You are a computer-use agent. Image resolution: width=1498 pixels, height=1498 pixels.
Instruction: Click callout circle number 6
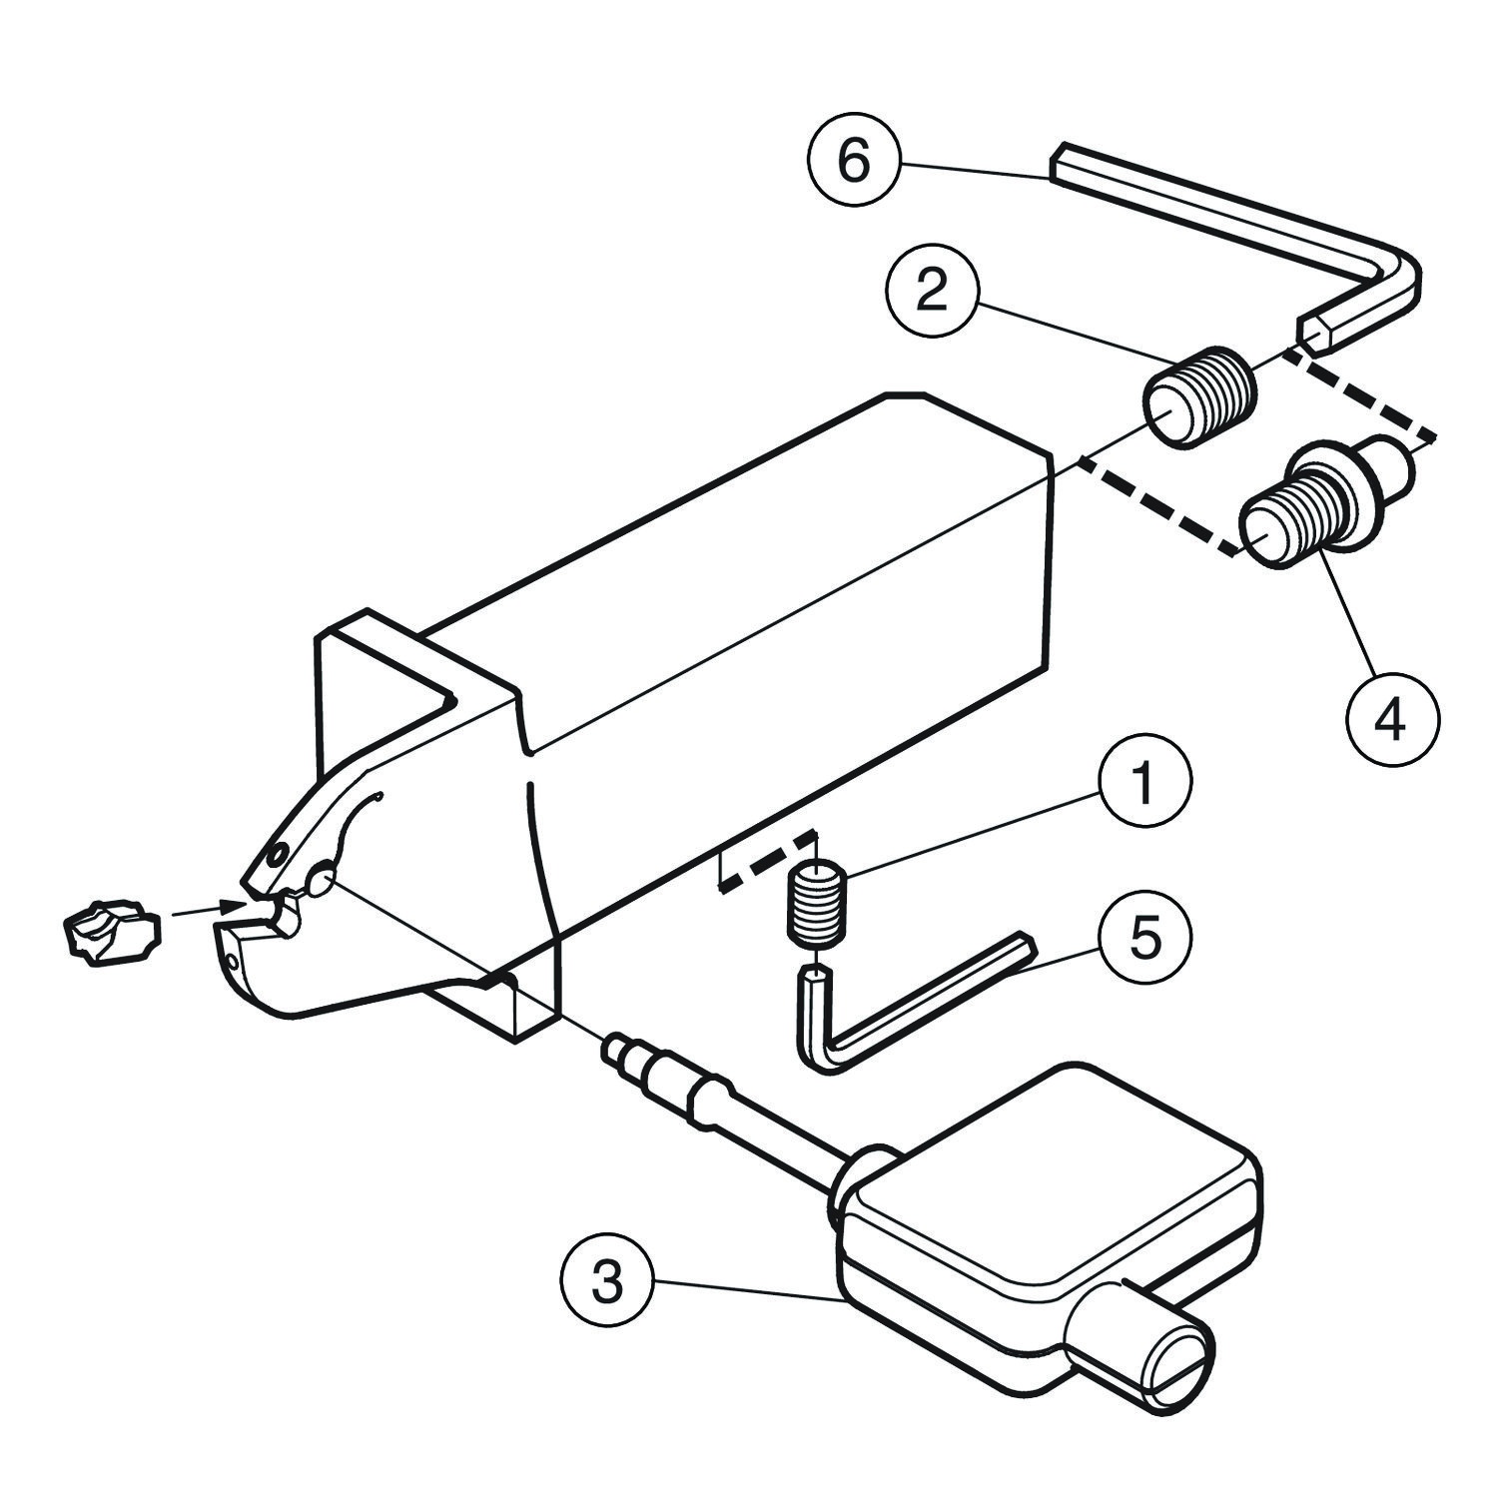(853, 162)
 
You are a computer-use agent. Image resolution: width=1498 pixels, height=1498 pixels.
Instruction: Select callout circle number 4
(1391, 719)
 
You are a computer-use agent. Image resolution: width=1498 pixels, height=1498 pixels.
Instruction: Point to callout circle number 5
(1144, 939)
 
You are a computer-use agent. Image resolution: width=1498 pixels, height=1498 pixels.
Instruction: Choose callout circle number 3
(607, 1282)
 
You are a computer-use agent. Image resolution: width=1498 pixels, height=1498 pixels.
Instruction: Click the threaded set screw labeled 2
(1199, 396)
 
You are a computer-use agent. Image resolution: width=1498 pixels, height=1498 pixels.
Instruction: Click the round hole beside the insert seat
(322, 881)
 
